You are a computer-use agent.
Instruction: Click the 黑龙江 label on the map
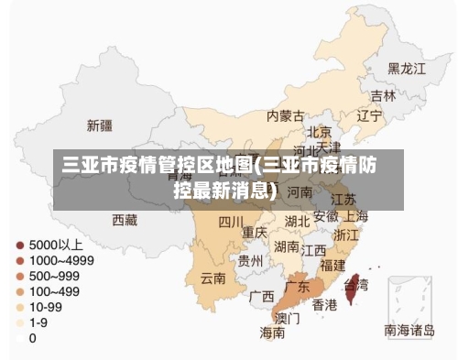point(407,69)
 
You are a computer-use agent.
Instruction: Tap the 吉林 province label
point(383,95)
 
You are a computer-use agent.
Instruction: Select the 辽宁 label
point(369,115)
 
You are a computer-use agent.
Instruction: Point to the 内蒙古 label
point(286,116)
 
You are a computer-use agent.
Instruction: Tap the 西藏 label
point(125,220)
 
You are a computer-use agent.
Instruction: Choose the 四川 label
point(231,222)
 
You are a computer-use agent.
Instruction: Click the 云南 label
point(213,278)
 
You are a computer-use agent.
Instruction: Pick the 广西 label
point(262,297)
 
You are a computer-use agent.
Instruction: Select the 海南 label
point(272,333)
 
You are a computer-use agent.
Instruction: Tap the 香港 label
point(324,304)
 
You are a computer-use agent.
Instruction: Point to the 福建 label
point(333,265)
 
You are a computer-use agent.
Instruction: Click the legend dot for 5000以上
point(19,245)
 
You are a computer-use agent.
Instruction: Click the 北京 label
point(319,132)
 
